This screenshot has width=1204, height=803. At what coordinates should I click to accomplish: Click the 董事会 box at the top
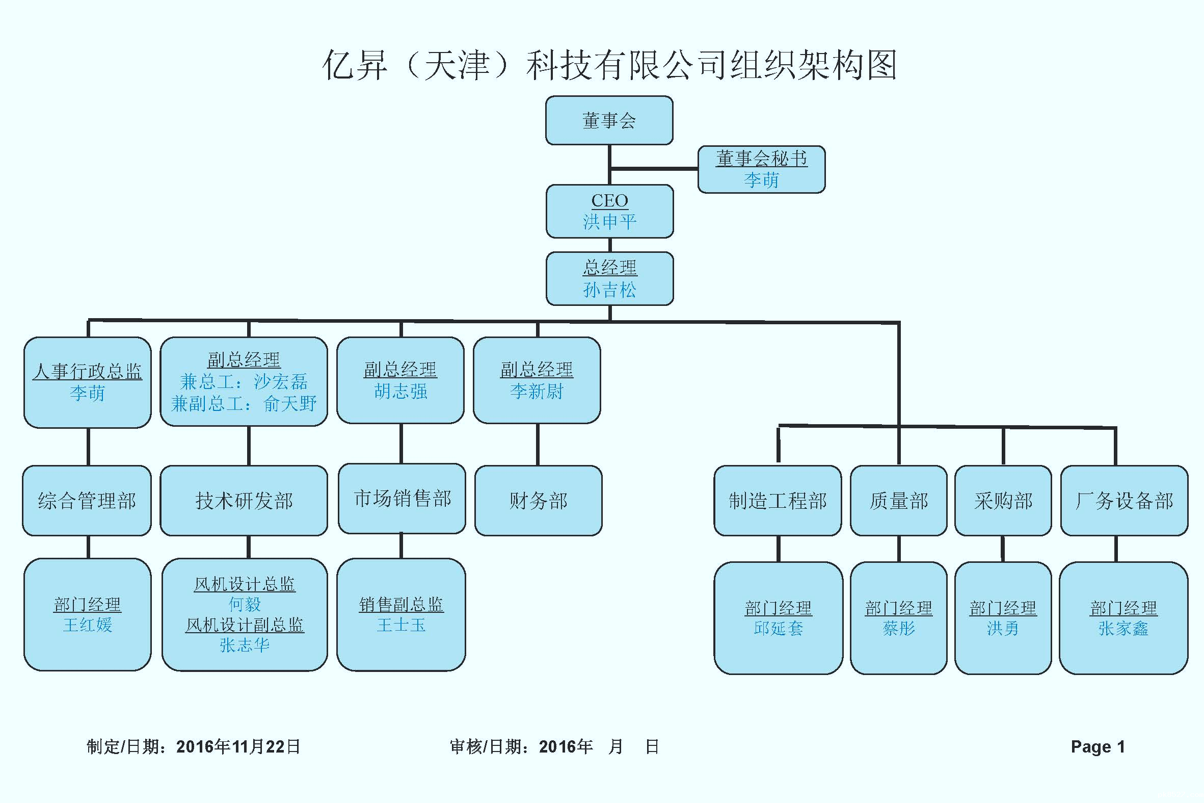[609, 120]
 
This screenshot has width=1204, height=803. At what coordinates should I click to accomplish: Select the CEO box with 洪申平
[609, 211]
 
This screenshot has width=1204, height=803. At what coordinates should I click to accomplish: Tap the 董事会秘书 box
[761, 169]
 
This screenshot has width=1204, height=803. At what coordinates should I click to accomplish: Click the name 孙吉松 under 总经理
[609, 291]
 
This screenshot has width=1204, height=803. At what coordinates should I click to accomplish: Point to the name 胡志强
[400, 391]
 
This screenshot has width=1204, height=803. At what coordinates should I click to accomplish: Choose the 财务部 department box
[538, 500]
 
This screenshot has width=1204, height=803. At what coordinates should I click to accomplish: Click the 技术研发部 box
[244, 500]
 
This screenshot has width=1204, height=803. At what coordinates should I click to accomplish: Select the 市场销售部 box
[402, 498]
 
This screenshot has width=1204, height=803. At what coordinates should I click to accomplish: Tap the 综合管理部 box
[87, 500]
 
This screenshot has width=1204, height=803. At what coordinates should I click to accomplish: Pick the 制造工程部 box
[778, 500]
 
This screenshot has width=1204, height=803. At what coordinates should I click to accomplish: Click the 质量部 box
[898, 500]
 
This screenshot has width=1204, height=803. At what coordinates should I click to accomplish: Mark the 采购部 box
[1003, 500]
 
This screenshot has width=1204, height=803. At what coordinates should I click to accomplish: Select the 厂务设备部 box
[1124, 500]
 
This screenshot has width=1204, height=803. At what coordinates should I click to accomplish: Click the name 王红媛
[88, 625]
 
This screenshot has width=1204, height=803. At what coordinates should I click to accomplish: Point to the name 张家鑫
[1123, 628]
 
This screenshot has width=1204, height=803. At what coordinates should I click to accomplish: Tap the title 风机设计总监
[245, 584]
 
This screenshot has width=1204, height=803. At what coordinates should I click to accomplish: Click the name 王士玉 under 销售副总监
[401, 625]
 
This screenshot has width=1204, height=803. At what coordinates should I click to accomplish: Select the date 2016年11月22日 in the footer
[238, 747]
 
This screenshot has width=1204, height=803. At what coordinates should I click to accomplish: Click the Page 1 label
[1098, 747]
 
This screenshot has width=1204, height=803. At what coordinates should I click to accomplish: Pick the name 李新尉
[537, 391]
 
